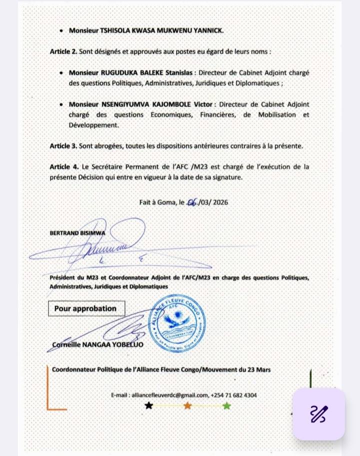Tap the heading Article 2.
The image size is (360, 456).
63,51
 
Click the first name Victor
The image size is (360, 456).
202,104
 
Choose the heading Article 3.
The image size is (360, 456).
63,145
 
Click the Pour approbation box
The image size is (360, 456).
85,308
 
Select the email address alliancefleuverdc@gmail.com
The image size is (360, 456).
169,395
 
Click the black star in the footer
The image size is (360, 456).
148,405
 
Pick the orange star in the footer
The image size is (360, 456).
187,405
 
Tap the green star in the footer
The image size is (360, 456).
226,405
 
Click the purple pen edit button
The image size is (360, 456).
319,414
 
